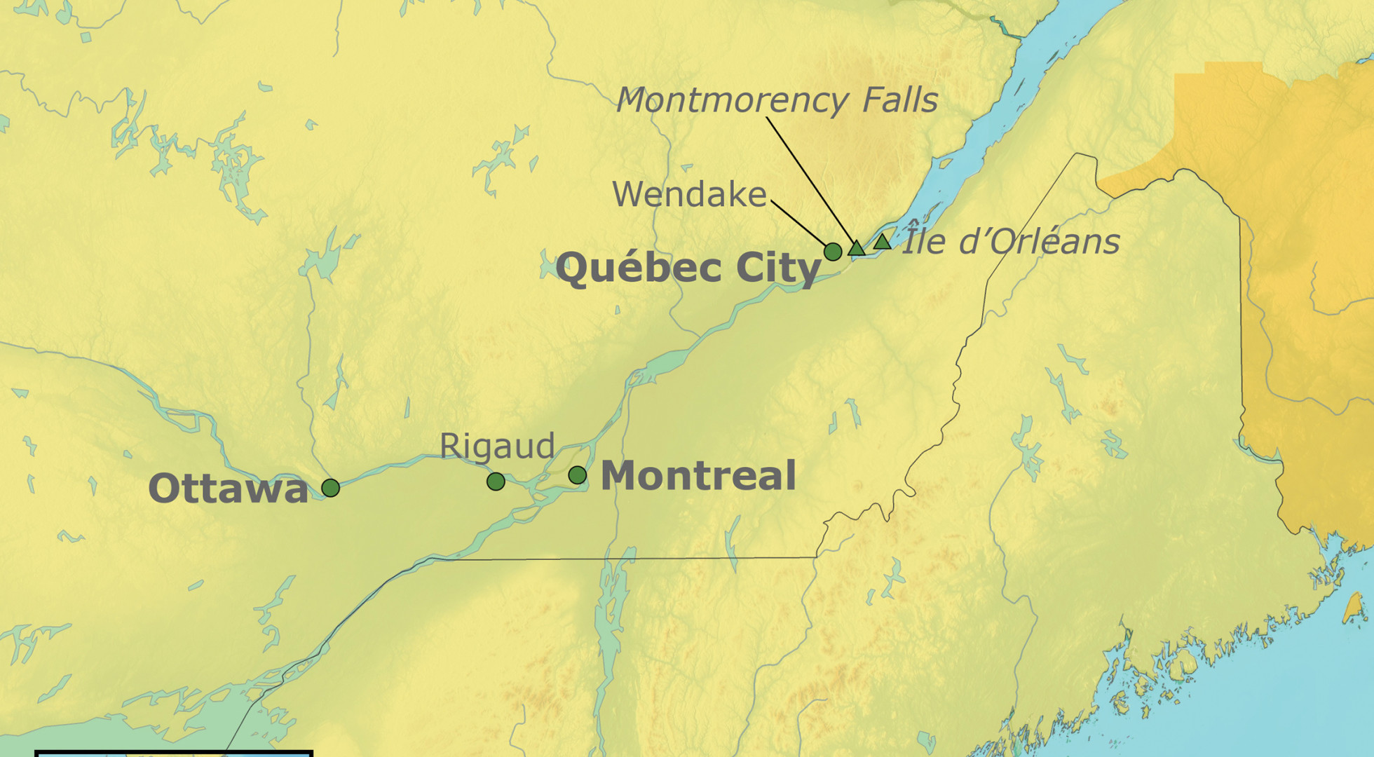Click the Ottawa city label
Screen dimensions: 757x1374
click(x=228, y=489)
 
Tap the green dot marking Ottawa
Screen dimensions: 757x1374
click(x=330, y=488)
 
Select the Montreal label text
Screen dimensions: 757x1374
click(x=698, y=476)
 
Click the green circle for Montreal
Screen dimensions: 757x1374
click(x=577, y=475)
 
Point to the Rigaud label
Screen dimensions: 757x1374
click(x=497, y=446)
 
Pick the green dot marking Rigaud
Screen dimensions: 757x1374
click(x=496, y=482)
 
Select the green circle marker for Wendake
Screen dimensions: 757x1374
click(x=832, y=252)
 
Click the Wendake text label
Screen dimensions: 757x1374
click(x=689, y=195)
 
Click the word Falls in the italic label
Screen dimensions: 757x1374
click(x=899, y=100)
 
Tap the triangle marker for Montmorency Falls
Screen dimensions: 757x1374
click(x=856, y=248)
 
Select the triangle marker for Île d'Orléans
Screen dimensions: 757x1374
click(x=882, y=243)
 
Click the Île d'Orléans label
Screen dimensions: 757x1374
click(x=1009, y=242)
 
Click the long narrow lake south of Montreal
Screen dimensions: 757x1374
click(x=608, y=617)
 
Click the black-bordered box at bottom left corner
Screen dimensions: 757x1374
click(x=174, y=753)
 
